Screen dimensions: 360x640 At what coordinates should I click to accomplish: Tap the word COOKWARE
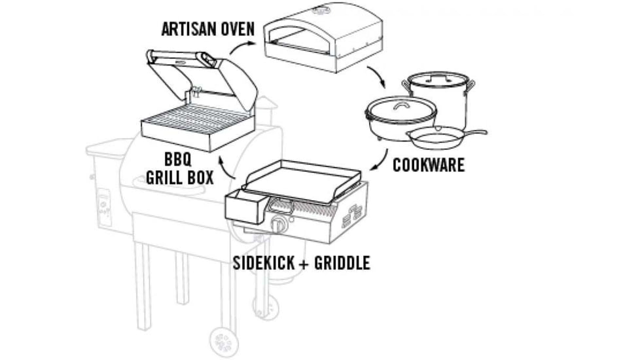coord(429,164)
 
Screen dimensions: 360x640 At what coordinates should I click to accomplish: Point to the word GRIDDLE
coord(342,263)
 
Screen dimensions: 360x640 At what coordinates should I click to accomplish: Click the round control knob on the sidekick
coord(279,225)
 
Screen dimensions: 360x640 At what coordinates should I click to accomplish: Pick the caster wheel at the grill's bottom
coord(222,340)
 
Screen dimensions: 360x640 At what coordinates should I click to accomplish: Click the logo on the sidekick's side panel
coord(351,215)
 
